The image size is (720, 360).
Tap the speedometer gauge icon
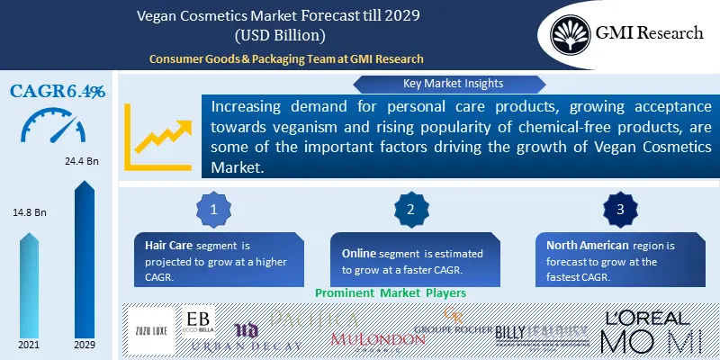58,127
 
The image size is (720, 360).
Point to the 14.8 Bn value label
29,213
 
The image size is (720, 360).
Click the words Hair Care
166,245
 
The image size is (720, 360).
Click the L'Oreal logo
646,318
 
